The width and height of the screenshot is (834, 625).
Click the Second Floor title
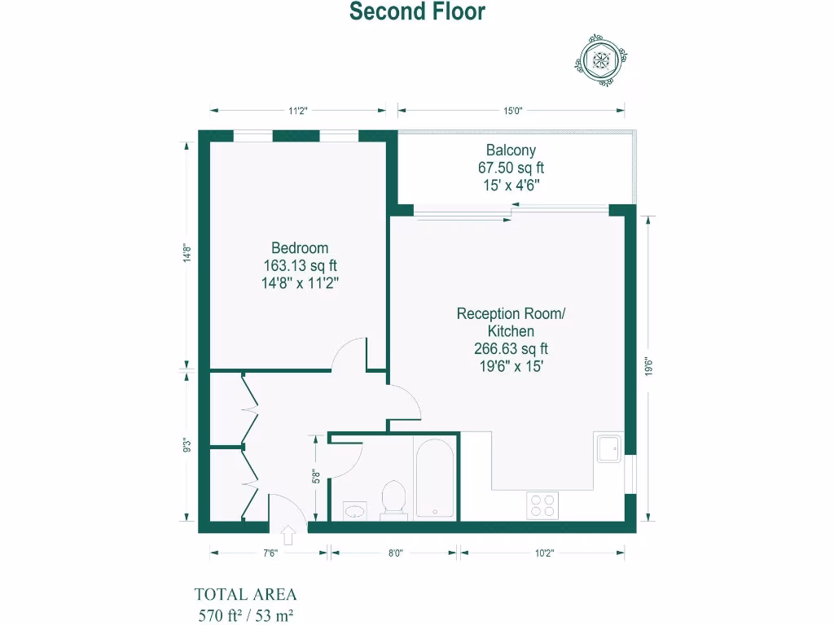[417, 12]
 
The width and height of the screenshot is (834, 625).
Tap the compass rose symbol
[602, 58]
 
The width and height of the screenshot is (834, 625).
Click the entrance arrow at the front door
[288, 535]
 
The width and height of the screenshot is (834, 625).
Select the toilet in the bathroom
[394, 499]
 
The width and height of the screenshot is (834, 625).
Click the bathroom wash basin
[355, 510]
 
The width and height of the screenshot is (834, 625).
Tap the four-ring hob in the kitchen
[543, 505]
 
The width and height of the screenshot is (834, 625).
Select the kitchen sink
[608, 448]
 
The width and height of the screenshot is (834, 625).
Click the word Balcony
[511, 150]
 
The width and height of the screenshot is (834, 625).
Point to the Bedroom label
[300, 248]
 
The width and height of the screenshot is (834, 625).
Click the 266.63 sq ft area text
[511, 349]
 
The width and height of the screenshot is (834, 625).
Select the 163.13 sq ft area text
[300, 266]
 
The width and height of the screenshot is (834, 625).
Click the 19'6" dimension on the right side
[648, 368]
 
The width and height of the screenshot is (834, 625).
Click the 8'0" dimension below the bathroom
[394, 553]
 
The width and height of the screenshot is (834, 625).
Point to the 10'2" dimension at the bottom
[543, 553]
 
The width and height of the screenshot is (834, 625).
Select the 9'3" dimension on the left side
[188, 445]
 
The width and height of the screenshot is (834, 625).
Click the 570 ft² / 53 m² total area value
[245, 614]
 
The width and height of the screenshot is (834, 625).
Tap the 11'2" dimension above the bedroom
[297, 111]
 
